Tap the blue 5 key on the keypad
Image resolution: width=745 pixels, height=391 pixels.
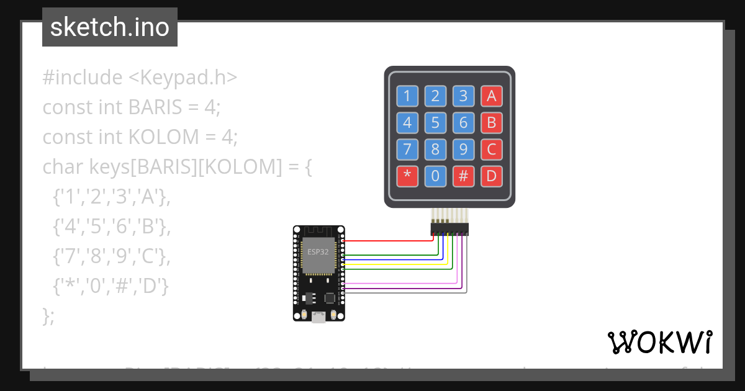coord(435,123)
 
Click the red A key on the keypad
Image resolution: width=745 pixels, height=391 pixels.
coord(491,96)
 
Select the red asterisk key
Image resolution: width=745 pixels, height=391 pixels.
coord(407,176)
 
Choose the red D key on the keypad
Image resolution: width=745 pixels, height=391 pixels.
coord(491,176)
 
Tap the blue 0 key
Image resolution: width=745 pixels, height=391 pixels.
coord(435,176)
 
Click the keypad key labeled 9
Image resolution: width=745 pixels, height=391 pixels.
coord(463,150)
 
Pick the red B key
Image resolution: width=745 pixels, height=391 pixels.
coord(491,123)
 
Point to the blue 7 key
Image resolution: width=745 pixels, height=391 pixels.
coord(407,150)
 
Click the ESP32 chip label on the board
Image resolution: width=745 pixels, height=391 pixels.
coord(318,253)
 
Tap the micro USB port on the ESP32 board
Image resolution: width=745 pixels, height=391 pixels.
coord(318,317)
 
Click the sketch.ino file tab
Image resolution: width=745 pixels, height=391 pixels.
coord(110,27)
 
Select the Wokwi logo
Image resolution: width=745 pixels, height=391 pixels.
coord(659,342)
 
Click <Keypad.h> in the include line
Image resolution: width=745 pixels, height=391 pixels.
coord(183,78)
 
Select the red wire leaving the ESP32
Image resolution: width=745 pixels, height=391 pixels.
coord(385,240)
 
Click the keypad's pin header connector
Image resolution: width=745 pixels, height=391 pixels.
coord(450,229)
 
